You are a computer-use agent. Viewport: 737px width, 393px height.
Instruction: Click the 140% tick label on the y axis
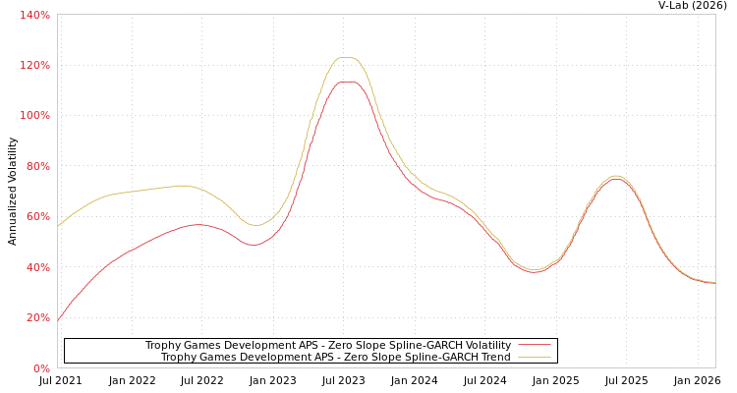coord(35,15)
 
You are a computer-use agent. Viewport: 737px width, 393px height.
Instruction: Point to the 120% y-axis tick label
coord(35,66)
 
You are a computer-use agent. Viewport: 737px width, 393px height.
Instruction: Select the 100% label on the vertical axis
coord(35,116)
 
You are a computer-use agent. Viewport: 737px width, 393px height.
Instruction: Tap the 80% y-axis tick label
coord(38,167)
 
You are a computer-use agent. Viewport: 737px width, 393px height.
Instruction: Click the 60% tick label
coord(38,217)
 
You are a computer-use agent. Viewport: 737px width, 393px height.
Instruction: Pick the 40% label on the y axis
coord(38,268)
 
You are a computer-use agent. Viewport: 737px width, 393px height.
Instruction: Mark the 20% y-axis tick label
coord(38,318)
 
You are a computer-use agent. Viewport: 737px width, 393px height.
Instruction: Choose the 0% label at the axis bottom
coord(41,368)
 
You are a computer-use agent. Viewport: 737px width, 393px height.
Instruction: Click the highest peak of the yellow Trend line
coord(347,57)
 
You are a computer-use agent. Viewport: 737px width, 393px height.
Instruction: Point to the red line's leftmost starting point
coord(58,320)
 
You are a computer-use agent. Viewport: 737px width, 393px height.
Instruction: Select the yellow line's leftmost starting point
coord(58,226)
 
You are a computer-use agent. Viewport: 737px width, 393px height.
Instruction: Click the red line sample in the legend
coord(534,346)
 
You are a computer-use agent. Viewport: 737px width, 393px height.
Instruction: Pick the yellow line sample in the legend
coord(534,358)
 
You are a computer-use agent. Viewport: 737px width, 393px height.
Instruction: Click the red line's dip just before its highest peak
coord(254,245)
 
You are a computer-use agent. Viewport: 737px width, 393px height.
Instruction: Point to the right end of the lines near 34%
coord(713,283)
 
